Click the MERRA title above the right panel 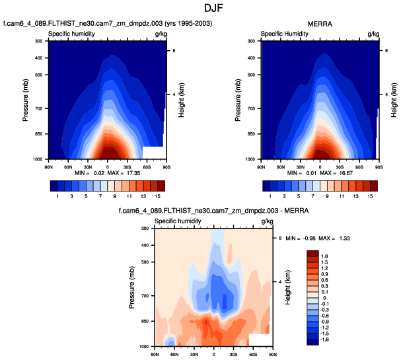(x=319, y=24)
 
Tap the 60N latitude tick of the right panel (x=281, y=166)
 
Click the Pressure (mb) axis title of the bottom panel (x=131, y=287)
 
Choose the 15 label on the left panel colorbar (x=158, y=197)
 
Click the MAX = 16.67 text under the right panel (x=339, y=173)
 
